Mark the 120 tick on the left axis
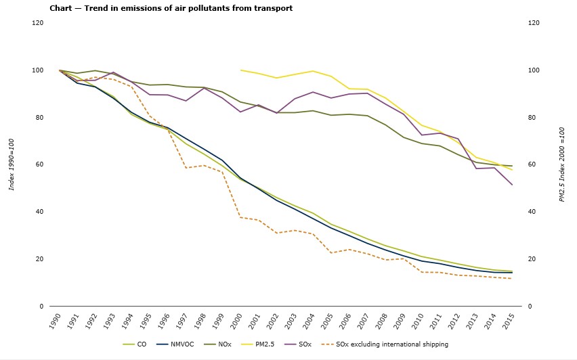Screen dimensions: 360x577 tap(38, 23)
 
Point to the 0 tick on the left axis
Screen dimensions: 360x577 tap(42, 306)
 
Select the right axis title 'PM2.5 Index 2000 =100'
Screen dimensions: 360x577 tap(561, 164)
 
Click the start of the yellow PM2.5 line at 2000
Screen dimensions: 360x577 tap(240, 70)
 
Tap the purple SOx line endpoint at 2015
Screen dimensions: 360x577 tap(512, 185)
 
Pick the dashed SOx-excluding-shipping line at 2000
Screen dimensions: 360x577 tap(240, 217)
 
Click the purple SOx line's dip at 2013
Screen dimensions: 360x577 tap(476, 168)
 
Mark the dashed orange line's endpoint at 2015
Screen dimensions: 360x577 tap(512, 279)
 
